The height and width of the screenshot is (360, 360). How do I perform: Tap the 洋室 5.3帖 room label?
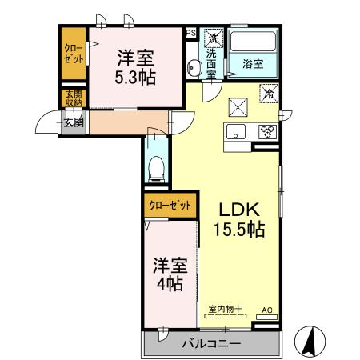click(x=135, y=67)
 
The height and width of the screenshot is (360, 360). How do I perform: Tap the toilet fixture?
click(x=157, y=169)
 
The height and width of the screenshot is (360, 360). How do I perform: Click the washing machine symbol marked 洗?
click(x=213, y=38)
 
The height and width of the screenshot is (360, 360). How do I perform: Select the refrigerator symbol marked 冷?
click(x=269, y=94)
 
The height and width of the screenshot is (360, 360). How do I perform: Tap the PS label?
click(x=190, y=33)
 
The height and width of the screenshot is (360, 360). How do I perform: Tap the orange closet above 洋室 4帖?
click(x=170, y=206)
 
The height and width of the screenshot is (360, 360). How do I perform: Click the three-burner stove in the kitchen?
click(x=266, y=133)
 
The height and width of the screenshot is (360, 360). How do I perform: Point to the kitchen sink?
click(x=237, y=132)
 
